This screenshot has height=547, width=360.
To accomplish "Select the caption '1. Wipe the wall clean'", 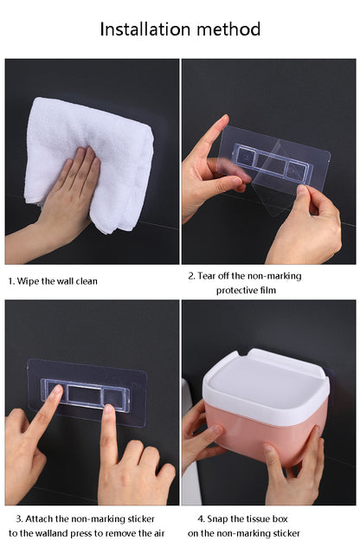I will [53, 281].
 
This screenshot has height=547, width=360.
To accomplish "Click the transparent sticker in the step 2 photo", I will [277, 164].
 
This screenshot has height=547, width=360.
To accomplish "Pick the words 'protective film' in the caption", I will [247, 290].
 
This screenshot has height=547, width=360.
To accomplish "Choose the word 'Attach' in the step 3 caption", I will [42, 518].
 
